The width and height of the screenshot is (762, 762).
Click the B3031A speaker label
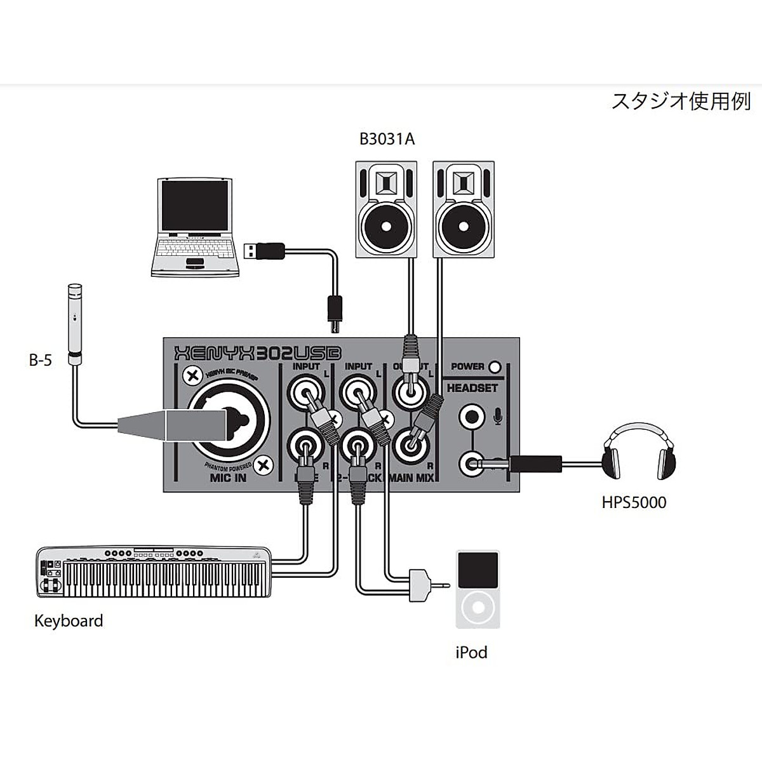pos(387,139)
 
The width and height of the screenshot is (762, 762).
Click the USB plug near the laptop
pos(264,250)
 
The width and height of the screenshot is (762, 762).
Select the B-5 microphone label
pos(41,361)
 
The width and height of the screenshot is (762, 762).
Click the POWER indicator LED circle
pos(495,366)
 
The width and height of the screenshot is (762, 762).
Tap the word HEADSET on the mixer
pos(472,387)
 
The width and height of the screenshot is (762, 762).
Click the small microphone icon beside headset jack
pos(498,416)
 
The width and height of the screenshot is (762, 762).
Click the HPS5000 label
pos(634,503)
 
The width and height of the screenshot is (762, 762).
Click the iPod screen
pos(478,570)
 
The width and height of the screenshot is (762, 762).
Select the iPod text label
pos(471,652)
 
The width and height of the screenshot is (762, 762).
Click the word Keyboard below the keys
pos(69,620)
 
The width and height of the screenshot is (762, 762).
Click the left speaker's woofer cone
pos(387,225)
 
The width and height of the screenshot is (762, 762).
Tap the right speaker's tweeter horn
pos(463,184)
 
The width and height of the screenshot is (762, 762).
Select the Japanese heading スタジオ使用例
pos(680,102)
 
